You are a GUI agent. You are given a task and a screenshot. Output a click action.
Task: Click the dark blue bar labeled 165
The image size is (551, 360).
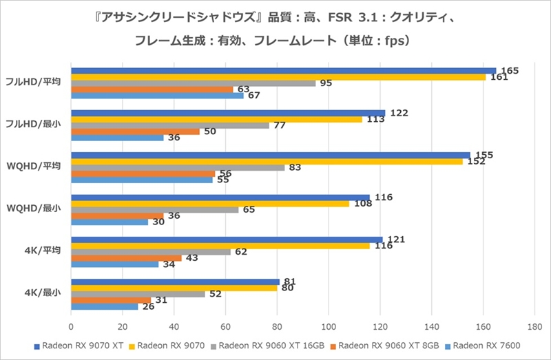(282, 71)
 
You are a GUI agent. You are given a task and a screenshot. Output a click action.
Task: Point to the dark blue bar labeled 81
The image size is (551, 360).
(175, 282)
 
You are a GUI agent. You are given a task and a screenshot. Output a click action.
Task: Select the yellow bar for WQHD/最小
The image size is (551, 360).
(210, 204)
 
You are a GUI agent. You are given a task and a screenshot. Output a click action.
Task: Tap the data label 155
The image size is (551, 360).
(484, 156)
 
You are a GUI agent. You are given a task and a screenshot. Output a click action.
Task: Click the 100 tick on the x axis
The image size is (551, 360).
(329, 328)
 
